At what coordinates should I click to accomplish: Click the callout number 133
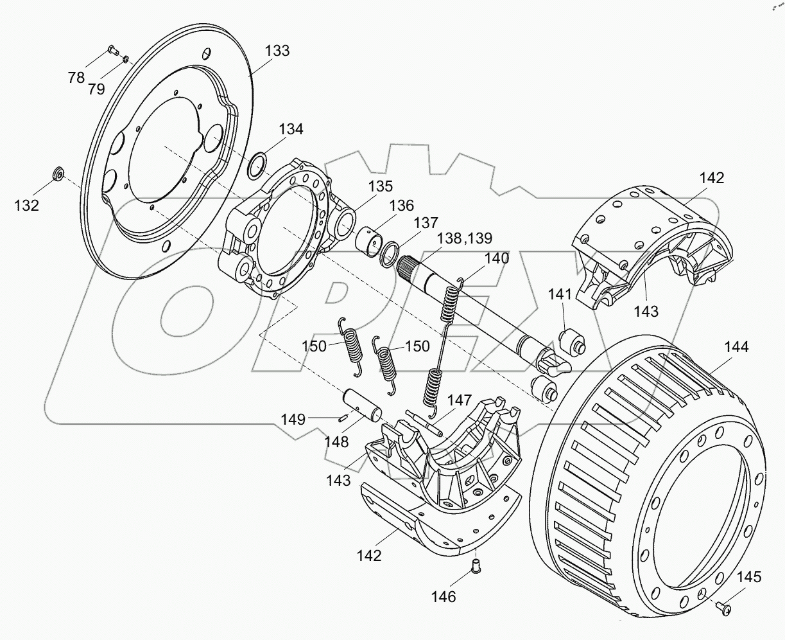click(277, 51)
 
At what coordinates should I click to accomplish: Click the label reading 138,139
click(464, 238)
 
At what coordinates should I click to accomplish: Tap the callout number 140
click(496, 258)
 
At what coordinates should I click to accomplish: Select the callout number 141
click(559, 294)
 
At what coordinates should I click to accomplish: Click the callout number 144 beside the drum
click(736, 347)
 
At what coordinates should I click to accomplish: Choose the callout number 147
click(460, 400)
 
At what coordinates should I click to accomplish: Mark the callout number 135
click(381, 186)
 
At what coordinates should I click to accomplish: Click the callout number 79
click(96, 89)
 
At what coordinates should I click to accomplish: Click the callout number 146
click(443, 597)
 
